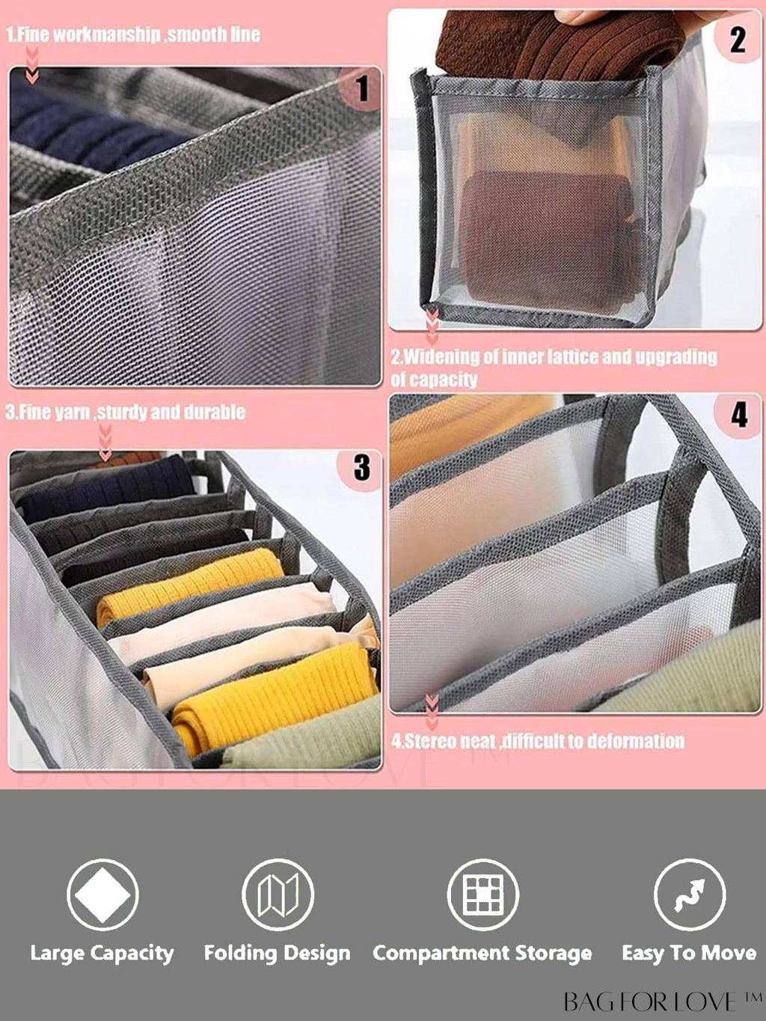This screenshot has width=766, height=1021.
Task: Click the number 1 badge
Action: click(x=360, y=88)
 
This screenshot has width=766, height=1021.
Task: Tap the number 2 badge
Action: click(x=737, y=39)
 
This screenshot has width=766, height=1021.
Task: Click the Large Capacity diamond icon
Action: click(x=102, y=894)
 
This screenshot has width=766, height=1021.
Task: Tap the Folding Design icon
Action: click(x=278, y=894)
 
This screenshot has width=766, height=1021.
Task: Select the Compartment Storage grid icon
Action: click(x=482, y=894)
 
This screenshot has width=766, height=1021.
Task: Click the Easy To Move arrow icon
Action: click(x=690, y=894)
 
